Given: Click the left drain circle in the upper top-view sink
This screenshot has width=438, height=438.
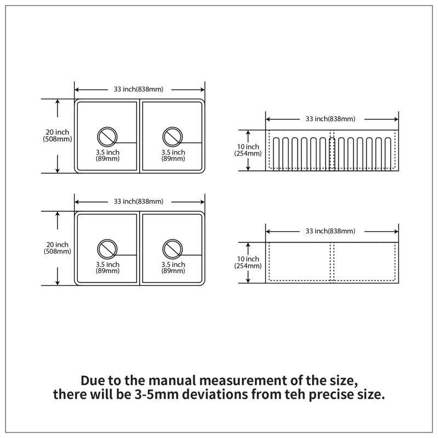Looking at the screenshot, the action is click(x=107, y=128).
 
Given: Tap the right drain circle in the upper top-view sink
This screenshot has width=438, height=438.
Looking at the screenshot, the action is click(x=172, y=128).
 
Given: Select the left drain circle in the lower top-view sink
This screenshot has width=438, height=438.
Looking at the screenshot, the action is click(x=107, y=240).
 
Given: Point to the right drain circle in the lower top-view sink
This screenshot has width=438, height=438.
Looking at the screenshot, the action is click(x=172, y=240).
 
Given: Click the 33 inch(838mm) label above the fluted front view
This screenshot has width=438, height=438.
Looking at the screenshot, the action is click(x=330, y=119).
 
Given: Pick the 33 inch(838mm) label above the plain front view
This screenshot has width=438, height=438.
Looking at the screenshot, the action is click(x=330, y=231).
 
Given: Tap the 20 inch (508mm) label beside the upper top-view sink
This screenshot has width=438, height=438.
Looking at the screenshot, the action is click(x=57, y=135).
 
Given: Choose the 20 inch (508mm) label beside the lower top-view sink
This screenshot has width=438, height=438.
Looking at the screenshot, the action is click(x=57, y=248).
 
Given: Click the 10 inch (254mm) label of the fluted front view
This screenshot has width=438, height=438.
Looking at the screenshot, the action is click(x=248, y=150).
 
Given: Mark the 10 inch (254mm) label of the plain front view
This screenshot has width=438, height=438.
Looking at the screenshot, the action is click(x=248, y=262).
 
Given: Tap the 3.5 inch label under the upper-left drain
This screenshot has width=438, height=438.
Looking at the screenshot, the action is click(x=107, y=152).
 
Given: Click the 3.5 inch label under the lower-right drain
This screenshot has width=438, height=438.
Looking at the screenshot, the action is click(x=173, y=264).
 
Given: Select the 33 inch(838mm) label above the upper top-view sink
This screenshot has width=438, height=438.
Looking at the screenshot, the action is click(x=139, y=89).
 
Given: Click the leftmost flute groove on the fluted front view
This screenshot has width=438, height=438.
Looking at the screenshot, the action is click(x=276, y=154).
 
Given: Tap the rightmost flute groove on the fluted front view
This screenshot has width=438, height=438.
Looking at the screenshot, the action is click(x=388, y=154).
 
